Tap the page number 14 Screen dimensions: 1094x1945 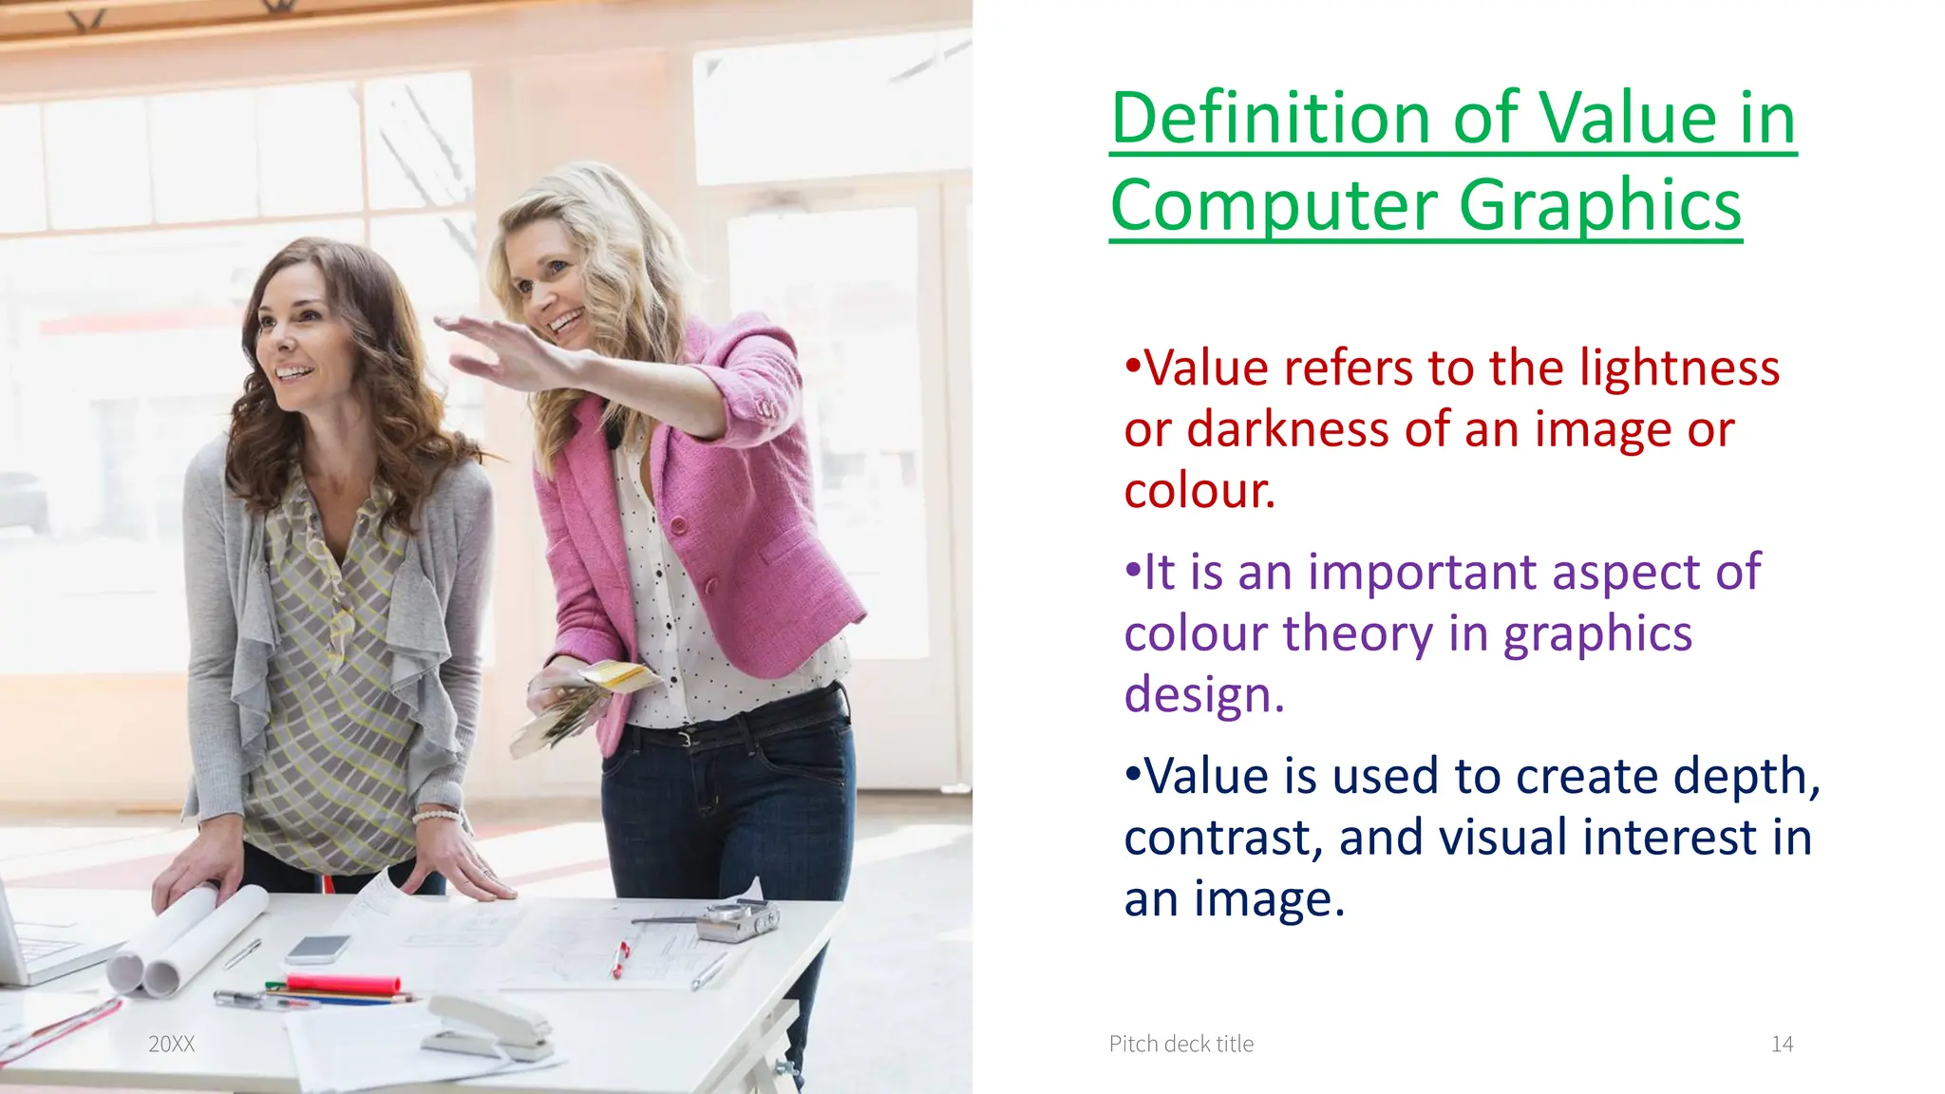pyautogui.click(x=1782, y=1045)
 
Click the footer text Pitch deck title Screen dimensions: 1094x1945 pyautogui.click(x=1180, y=1045)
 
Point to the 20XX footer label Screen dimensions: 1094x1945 pyautogui.click(x=171, y=1045)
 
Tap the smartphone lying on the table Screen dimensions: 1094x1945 pyautogui.click(x=318, y=948)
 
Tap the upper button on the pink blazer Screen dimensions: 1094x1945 pyautogui.click(x=678, y=524)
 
